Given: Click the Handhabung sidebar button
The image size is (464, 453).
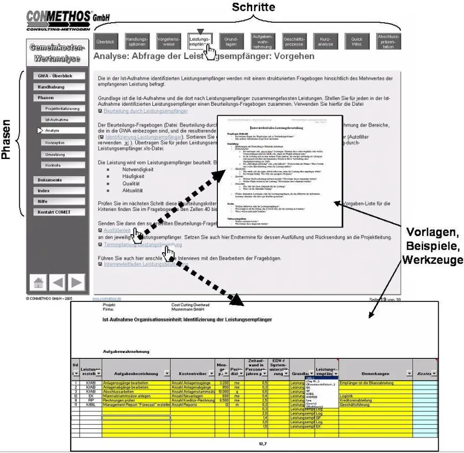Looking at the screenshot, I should tap(55, 87).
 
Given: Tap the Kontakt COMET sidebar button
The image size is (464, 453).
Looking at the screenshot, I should tap(55, 212).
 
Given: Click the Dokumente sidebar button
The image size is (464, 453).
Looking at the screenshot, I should tap(55, 180).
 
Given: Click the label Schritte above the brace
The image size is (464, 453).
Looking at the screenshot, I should tap(253, 7).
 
